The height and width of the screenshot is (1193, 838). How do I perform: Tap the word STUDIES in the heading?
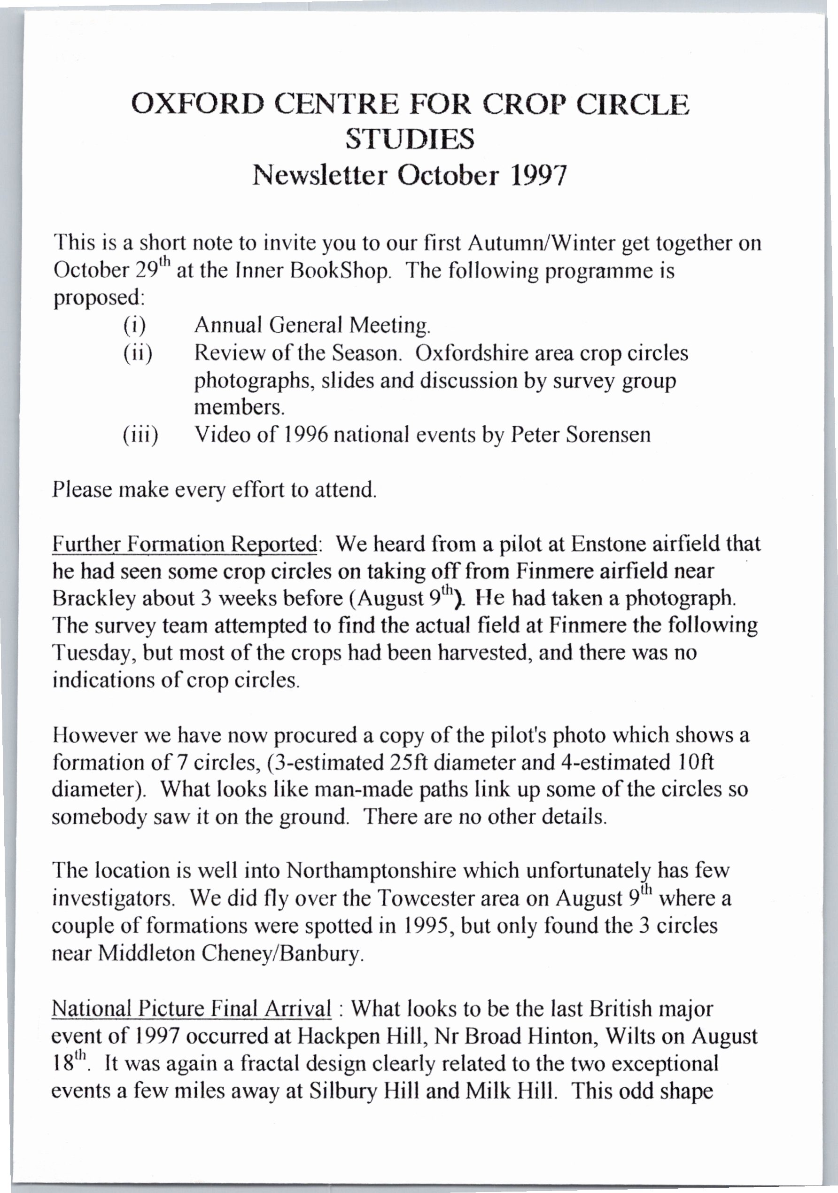tap(410, 139)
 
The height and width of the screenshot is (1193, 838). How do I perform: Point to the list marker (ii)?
tap(138, 353)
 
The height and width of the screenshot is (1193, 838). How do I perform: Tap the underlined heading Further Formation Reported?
tap(185, 544)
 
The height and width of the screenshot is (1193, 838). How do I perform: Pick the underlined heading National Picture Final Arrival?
tap(191, 1008)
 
